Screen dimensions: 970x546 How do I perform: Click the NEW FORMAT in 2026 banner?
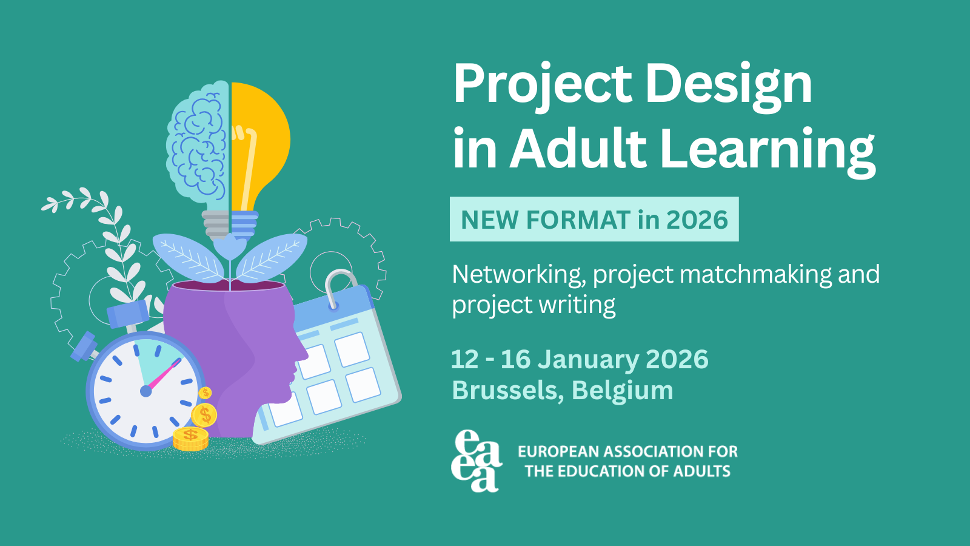[594, 219]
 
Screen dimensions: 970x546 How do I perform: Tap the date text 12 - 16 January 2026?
[580, 360]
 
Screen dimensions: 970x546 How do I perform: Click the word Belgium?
[623, 391]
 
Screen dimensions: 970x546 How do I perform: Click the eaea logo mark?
[477, 460]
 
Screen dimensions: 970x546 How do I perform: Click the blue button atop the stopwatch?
[128, 313]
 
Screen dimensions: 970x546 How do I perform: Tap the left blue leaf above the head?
[189, 257]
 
